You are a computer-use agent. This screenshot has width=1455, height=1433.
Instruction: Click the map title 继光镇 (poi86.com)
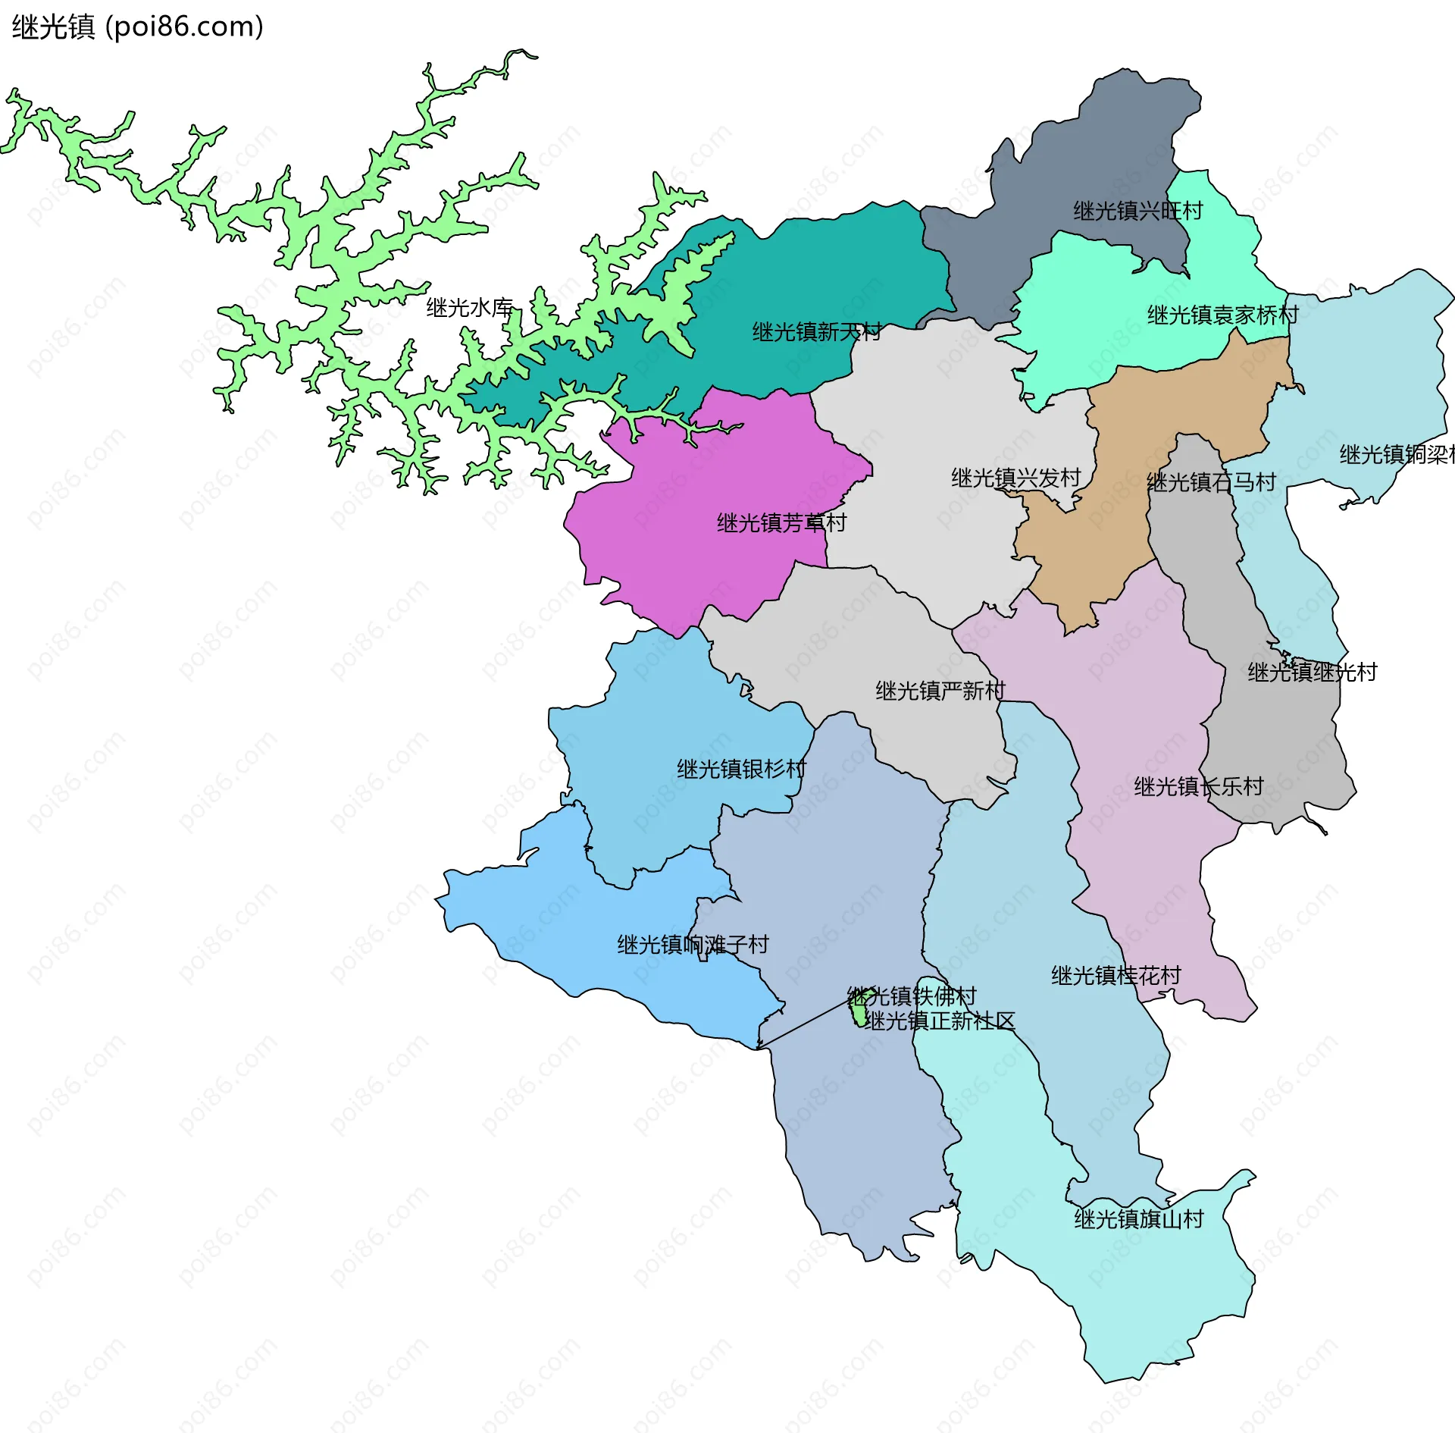(137, 27)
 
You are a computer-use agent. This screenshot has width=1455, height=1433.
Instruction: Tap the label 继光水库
(470, 308)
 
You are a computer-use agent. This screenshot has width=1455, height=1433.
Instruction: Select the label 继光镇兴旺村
(1137, 211)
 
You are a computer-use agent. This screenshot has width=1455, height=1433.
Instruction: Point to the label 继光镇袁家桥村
(1222, 315)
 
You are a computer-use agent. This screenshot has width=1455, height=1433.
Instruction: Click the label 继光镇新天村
(816, 332)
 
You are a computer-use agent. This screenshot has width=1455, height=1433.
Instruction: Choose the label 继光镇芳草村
(781, 523)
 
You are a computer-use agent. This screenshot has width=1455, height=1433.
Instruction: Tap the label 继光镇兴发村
(1015, 478)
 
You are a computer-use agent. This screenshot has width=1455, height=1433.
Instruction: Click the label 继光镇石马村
(1211, 482)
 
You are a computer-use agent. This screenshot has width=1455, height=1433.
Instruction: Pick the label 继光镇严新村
(940, 691)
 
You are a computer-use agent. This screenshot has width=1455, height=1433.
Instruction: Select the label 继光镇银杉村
(741, 769)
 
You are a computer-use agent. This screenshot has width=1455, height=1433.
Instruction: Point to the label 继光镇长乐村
(1198, 786)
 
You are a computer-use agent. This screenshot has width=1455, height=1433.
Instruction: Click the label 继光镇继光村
(1312, 672)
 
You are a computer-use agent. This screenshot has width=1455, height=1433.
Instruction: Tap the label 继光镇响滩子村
(693, 945)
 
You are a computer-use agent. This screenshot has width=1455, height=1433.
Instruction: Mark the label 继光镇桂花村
(1115, 975)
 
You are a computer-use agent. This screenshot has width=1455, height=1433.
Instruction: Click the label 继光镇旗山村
(1138, 1219)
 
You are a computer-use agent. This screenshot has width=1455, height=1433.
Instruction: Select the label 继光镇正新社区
(940, 1021)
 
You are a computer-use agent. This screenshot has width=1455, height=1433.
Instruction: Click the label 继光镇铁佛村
(912, 996)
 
